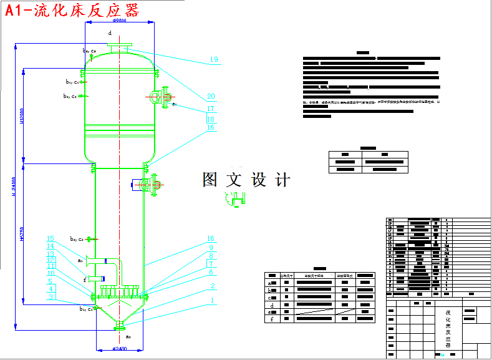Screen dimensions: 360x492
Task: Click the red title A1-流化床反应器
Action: point(72,11)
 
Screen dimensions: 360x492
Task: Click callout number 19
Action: point(214,60)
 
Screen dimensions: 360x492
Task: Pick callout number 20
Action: point(211,97)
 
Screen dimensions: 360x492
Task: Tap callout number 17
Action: point(211,109)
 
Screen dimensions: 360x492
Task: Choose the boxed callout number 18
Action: point(211,119)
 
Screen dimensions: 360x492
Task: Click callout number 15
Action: point(51,238)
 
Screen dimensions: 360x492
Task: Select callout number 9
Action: point(211,248)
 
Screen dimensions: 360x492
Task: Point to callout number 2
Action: point(213,286)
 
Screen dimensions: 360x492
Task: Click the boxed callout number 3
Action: point(51,297)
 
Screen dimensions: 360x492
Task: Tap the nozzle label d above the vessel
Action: point(110,32)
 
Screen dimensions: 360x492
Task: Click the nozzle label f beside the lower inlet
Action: point(85,280)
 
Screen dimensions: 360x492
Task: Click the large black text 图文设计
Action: point(246,180)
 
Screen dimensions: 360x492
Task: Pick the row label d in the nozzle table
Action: point(271,304)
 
